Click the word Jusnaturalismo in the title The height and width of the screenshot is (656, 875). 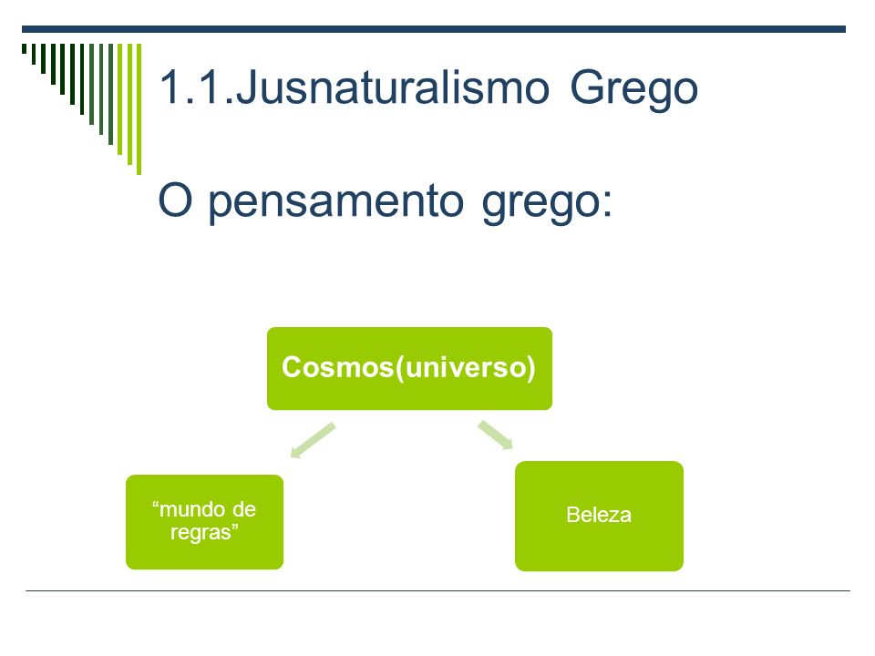pos(393,87)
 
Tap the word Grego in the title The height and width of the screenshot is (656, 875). pos(634,89)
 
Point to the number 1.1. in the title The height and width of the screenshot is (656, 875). pos(197,87)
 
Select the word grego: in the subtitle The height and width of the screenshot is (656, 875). pos(547,202)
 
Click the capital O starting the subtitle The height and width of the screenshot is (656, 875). pos(175,200)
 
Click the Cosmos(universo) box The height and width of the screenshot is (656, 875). pos(409,369)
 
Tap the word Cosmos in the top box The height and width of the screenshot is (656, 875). pos(337,367)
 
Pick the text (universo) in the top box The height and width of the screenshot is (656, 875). pos(466,368)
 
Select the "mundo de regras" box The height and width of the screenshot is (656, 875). pos(205,522)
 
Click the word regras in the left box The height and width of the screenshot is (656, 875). pos(201,533)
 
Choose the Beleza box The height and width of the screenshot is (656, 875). pos(599,516)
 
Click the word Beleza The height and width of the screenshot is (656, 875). pos(599,515)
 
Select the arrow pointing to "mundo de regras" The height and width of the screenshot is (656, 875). pos(313,441)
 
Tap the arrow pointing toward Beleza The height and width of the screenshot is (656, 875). pos(496,435)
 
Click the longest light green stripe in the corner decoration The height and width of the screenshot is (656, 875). pos(139,108)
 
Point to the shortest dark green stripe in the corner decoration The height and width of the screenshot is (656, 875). pos(24,48)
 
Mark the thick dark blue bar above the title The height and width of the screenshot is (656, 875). pos(434,29)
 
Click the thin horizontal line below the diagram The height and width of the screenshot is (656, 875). pos(437,590)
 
